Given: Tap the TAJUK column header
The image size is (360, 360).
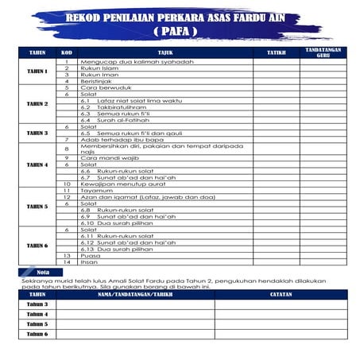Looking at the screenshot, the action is pos(165,52).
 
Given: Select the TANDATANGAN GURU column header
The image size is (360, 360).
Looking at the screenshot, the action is pos(323,52).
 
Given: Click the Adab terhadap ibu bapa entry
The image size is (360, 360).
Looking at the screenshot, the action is pos(118,139).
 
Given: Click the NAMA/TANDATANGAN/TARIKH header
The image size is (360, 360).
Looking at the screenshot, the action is pos(135,295).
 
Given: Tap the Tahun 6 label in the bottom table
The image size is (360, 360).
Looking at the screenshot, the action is pos(37,334).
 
